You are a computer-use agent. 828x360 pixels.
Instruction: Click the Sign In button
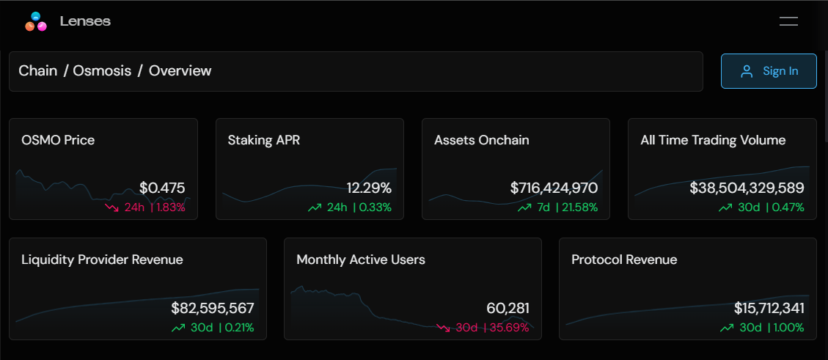pos(769,71)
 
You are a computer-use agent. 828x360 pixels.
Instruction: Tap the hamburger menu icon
pos(788,21)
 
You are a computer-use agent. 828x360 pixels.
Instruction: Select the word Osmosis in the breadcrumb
pos(102,71)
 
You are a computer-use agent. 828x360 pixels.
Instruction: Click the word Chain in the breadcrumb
pos(37,71)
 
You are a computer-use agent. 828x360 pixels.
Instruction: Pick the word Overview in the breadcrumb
pos(180,71)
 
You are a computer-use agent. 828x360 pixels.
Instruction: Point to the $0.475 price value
pos(162,188)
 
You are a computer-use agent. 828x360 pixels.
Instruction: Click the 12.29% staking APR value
pos(369,188)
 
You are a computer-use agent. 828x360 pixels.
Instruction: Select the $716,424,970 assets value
pos(554,188)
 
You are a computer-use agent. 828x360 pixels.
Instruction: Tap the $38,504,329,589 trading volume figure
pos(747,188)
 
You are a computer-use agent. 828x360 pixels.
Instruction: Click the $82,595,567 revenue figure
pos(212,309)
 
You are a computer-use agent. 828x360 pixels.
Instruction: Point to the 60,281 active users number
pos(508,309)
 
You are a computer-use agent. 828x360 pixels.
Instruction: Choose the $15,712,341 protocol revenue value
pos(769,309)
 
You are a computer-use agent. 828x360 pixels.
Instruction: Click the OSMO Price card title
pos(58,140)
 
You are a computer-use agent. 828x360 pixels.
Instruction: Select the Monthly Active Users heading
pos(360,260)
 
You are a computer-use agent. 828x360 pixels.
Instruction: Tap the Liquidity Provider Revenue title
pos(102,260)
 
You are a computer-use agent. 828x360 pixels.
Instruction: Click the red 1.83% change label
pos(170,207)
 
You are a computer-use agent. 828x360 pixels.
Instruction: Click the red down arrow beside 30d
pos(443,328)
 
